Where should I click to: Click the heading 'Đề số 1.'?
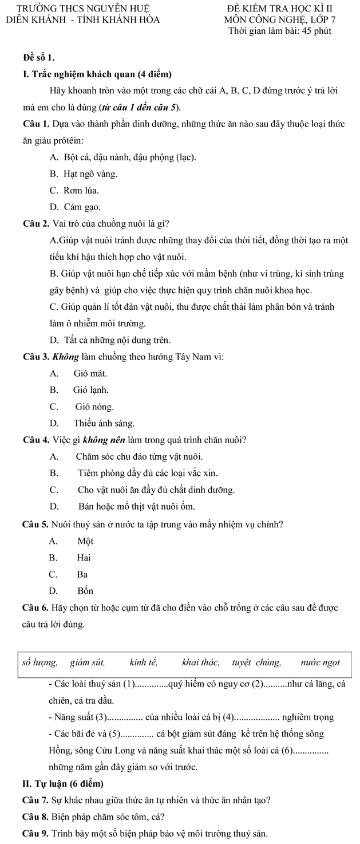click(x=39, y=58)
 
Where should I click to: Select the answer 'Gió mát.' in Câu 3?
click(x=90, y=373)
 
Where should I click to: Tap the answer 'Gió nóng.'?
click(x=94, y=407)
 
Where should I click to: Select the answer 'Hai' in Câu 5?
click(x=84, y=557)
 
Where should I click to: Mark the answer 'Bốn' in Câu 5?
click(x=85, y=590)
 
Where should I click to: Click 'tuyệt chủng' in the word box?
click(x=256, y=662)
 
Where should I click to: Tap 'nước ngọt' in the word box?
click(x=321, y=662)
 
